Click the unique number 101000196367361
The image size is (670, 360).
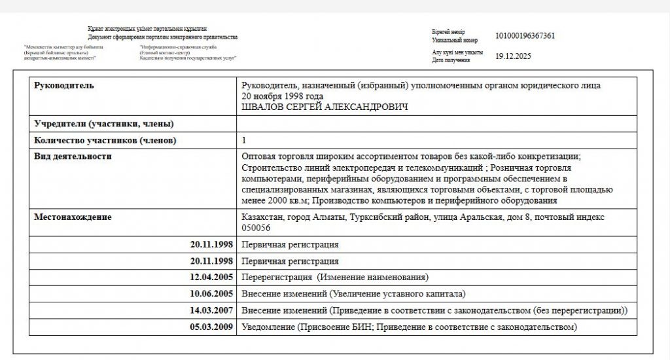(x=525, y=35)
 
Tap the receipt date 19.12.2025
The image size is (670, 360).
(x=514, y=56)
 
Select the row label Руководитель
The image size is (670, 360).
(x=63, y=86)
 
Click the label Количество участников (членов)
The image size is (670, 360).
(x=105, y=140)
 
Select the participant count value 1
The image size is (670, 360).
(x=244, y=140)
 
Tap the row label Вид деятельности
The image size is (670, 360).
(x=73, y=156)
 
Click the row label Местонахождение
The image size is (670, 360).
(x=73, y=217)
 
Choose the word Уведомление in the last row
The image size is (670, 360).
(x=268, y=326)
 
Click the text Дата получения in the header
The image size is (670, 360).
(x=451, y=60)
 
